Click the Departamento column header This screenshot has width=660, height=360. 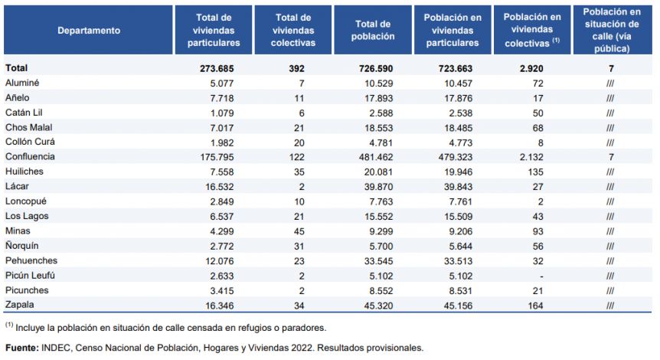(x=89, y=31)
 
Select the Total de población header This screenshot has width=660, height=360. (x=373, y=31)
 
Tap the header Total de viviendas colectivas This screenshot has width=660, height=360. (x=293, y=31)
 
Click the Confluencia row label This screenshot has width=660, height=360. (x=30, y=156)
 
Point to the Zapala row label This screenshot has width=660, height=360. (x=19, y=305)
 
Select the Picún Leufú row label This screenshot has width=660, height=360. (x=30, y=276)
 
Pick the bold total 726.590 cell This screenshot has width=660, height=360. (x=376, y=69)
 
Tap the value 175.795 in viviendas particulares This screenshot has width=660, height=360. (x=217, y=157)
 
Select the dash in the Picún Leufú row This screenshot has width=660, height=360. (x=541, y=277)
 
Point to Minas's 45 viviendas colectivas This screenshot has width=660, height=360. (x=299, y=231)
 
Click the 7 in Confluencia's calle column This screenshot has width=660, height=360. (x=611, y=157)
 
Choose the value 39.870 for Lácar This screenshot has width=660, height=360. (x=378, y=187)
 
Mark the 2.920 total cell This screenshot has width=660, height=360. (x=531, y=69)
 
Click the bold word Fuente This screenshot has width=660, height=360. (x=22, y=348)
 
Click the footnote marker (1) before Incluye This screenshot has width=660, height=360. (x=9, y=325)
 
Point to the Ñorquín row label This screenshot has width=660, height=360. (x=22, y=245)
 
